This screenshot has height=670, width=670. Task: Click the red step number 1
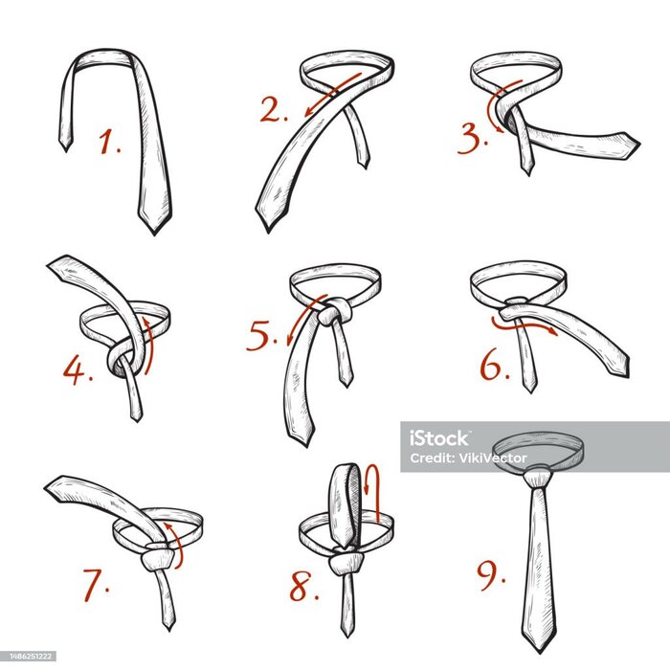click(x=110, y=143)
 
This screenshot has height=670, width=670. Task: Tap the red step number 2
click(x=274, y=110)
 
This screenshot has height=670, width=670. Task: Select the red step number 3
click(x=472, y=139)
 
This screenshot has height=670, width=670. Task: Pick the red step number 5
click(x=261, y=335)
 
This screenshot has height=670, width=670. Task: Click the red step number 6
click(x=495, y=366)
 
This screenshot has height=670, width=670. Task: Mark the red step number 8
click(x=303, y=586)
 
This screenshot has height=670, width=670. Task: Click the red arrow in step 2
click(x=332, y=95)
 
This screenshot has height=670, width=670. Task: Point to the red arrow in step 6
click(x=524, y=326)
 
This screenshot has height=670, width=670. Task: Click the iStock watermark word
click(x=439, y=438)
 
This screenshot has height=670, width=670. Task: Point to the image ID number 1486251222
click(x=28, y=656)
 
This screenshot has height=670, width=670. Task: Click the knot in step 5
click(x=335, y=312)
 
